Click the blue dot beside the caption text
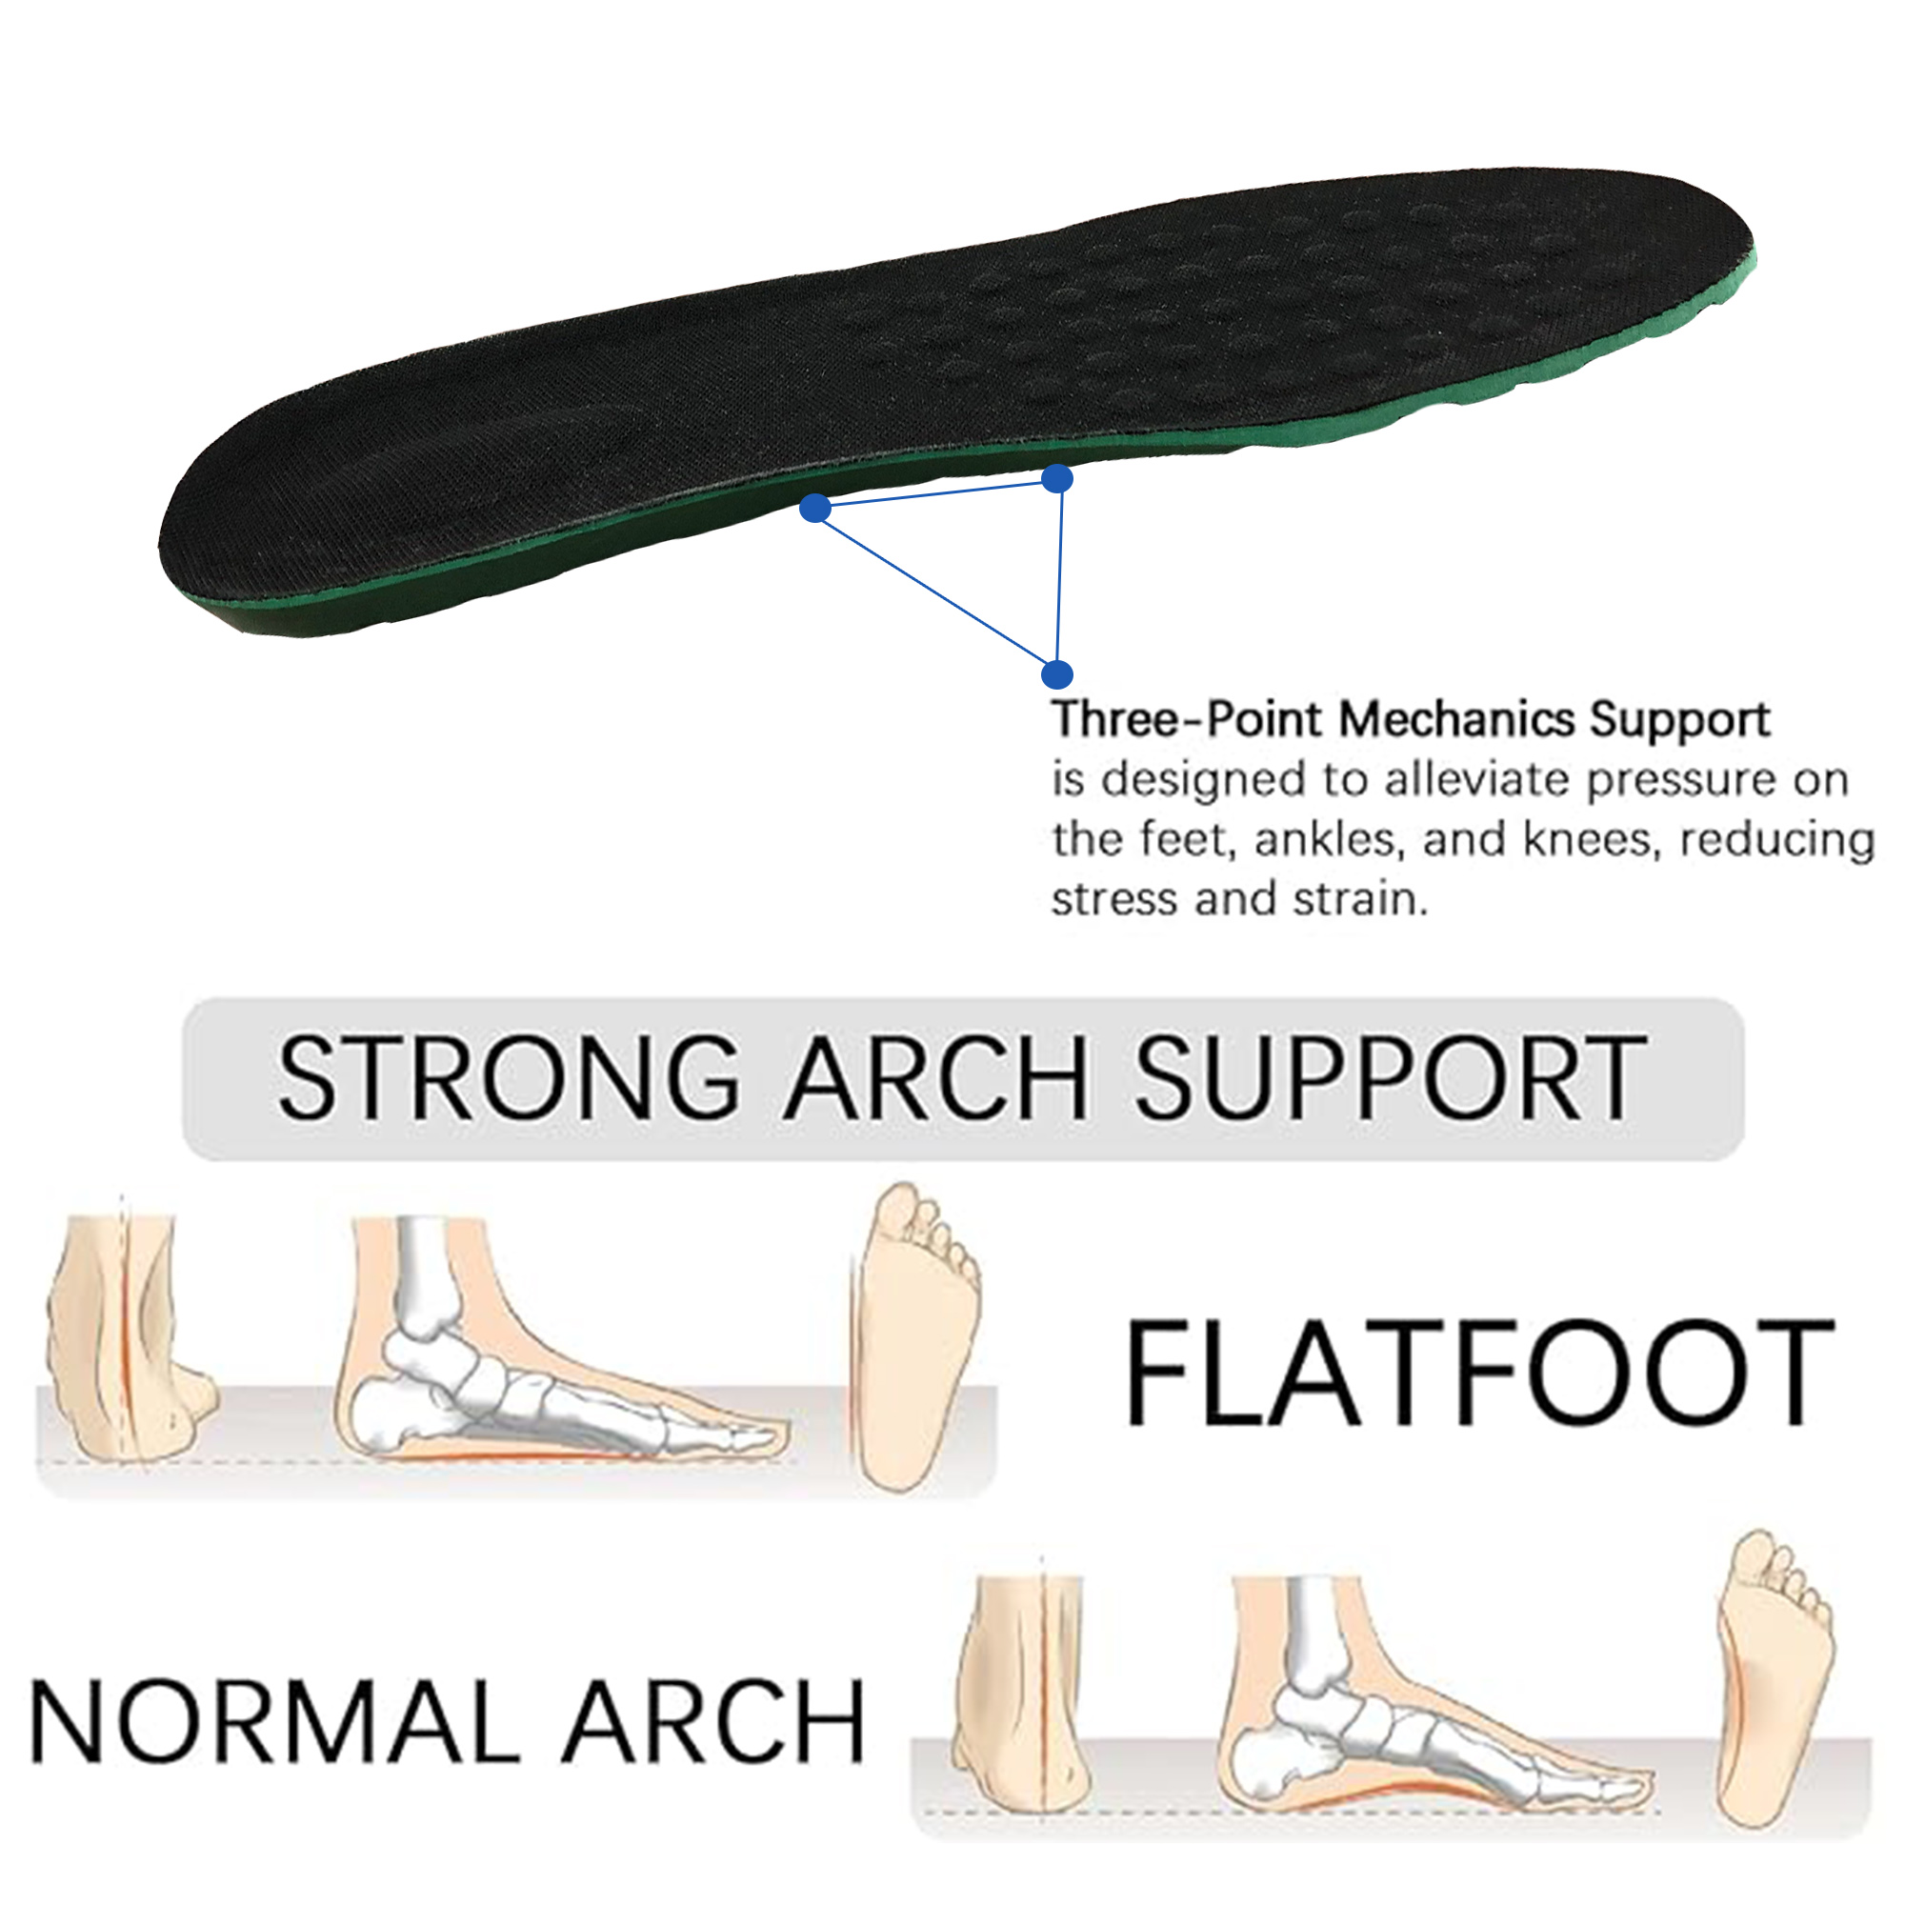coord(1056,674)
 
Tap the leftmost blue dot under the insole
coord(814,508)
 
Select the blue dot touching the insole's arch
coord(1057,479)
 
